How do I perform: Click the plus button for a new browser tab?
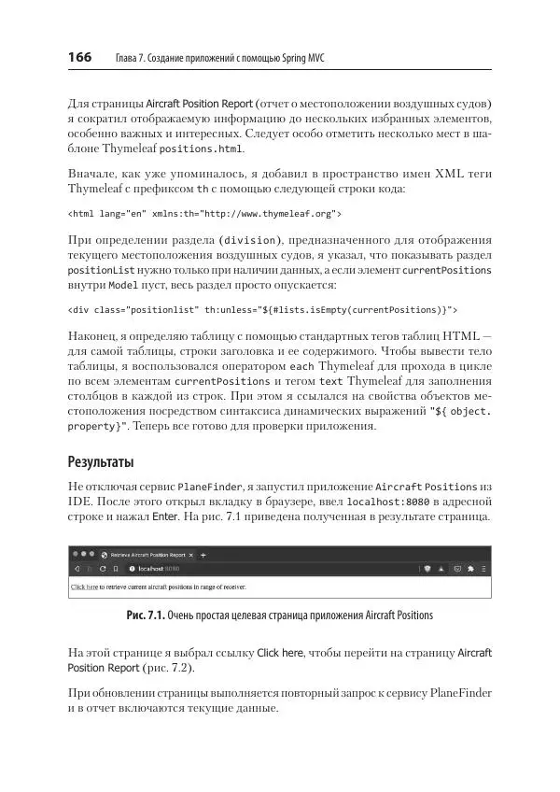(203, 554)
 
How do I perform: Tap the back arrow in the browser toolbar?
(77, 568)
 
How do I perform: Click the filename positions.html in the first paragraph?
(202, 148)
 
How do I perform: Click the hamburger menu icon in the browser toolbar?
(484, 568)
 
